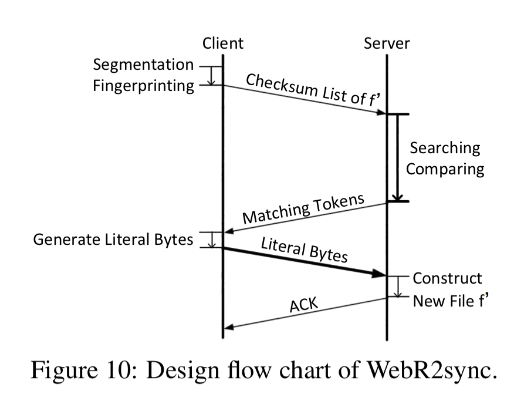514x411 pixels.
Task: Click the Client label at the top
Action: pos(222,43)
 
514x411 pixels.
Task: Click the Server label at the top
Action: pos(387,43)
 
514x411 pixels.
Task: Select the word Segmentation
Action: pos(143,65)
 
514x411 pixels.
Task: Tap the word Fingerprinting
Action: pos(143,86)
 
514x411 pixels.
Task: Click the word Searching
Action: pos(445,148)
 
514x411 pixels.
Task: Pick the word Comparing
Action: pos(445,169)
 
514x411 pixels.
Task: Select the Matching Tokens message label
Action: pos(304,209)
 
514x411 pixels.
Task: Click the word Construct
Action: pos(447,278)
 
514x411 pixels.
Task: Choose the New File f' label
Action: pos(451,301)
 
